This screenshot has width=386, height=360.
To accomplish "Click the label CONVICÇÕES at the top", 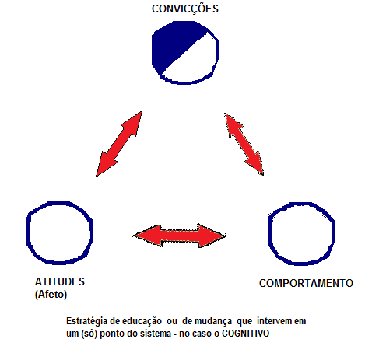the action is click(x=185, y=9).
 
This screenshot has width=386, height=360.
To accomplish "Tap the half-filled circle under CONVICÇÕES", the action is click(x=185, y=53).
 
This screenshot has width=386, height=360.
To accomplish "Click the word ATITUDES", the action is click(x=60, y=281).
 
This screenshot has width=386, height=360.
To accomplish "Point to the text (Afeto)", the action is click(x=51, y=295).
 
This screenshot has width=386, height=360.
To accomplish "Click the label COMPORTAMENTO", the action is click(x=306, y=283).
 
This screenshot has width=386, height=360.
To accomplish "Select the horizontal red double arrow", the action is click(x=179, y=236).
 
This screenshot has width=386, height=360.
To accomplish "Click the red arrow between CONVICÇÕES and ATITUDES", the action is click(x=119, y=144).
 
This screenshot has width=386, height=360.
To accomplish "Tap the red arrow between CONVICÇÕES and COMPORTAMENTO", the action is click(x=244, y=144).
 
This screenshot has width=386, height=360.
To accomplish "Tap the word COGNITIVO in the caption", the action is click(x=246, y=334).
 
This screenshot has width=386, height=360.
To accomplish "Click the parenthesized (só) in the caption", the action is click(x=89, y=334).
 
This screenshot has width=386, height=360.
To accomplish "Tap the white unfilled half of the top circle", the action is click(x=197, y=62).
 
